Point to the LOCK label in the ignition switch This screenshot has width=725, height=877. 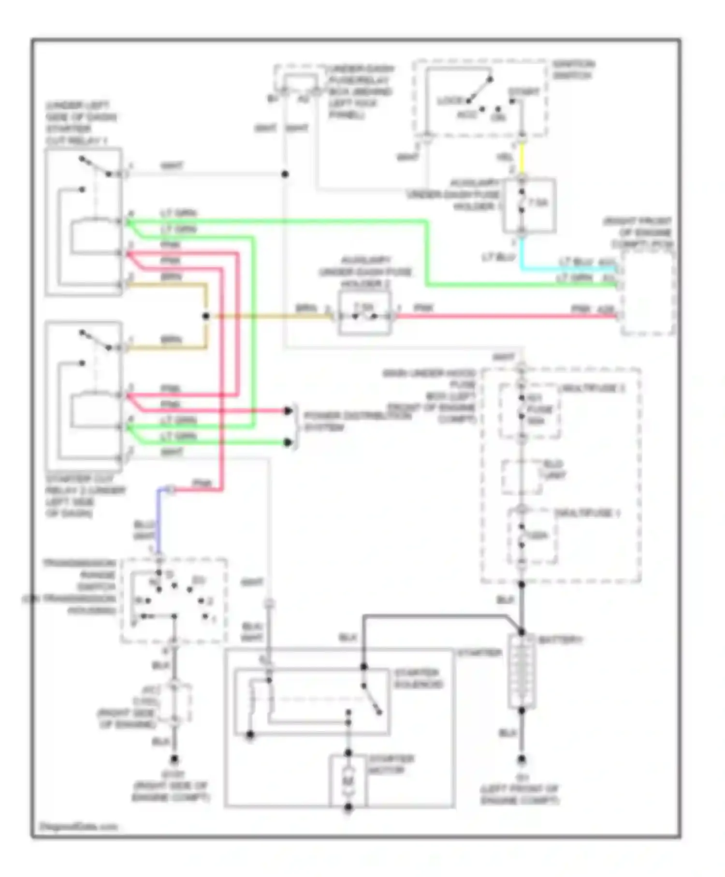click(450, 101)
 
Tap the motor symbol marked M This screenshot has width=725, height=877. click(348, 781)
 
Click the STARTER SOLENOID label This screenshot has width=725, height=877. click(417, 678)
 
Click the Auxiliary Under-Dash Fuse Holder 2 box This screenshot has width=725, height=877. click(364, 317)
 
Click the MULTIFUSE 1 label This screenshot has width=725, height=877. click(587, 513)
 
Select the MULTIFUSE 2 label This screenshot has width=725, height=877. click(591, 388)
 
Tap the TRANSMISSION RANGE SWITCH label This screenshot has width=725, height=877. click(80, 586)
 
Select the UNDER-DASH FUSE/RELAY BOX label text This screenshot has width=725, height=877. click(360, 91)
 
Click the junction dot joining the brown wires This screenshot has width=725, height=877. click(206, 316)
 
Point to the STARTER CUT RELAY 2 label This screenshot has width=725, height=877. click(85, 496)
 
